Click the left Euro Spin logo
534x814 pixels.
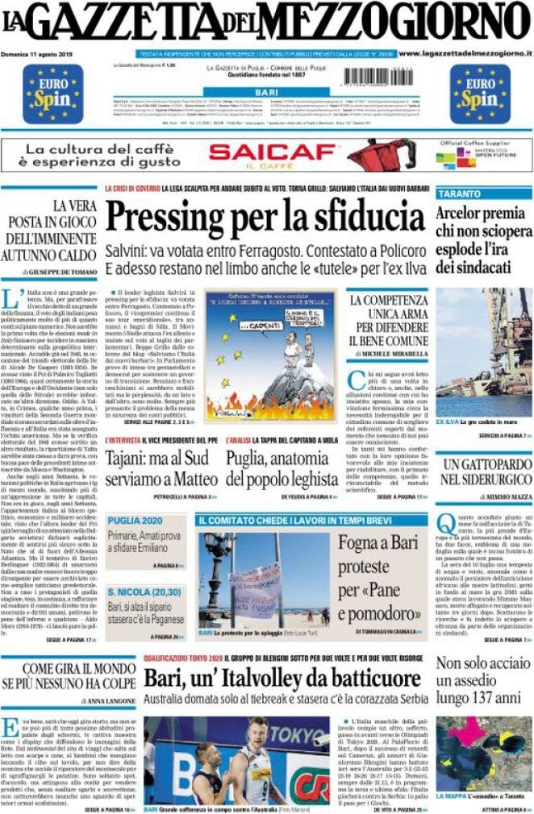coord(53,93)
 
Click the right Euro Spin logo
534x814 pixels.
coord(481,93)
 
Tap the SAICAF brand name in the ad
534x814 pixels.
coord(272,152)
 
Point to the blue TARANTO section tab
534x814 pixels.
coord(460,194)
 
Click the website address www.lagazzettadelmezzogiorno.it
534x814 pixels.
coord(465,53)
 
